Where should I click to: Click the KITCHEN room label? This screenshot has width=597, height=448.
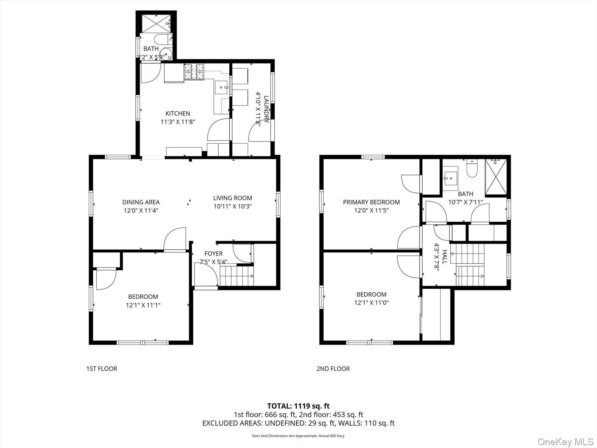[178, 113]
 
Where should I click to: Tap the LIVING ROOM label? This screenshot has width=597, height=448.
[233, 198]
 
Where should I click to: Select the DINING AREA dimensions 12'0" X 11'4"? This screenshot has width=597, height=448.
[141, 211]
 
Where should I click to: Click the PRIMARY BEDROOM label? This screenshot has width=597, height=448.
[371, 202]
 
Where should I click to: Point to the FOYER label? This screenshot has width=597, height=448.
[213, 253]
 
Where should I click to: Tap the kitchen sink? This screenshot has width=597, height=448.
[222, 87]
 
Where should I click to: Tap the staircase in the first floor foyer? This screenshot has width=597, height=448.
[236, 275]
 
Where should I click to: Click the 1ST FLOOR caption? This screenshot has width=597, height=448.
[101, 368]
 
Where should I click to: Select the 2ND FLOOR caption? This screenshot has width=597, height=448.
[333, 368]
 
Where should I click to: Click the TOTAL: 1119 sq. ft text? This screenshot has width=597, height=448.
[298, 406]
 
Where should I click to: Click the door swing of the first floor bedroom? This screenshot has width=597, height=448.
[106, 279]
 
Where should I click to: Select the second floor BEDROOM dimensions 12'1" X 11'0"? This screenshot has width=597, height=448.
[371, 303]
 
